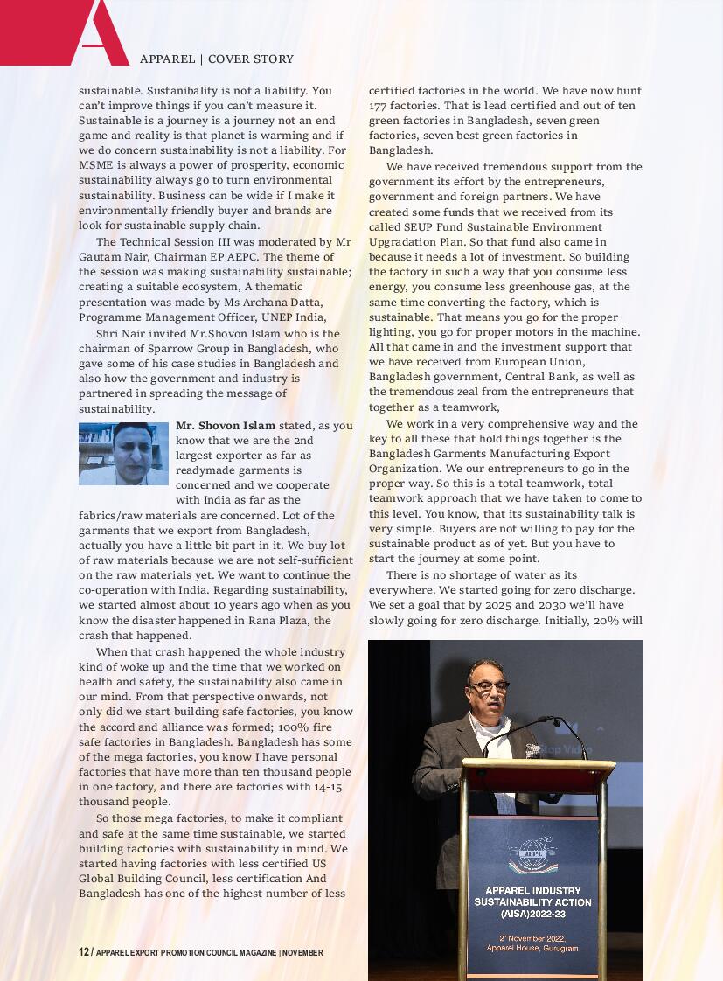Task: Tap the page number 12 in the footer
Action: click(x=84, y=952)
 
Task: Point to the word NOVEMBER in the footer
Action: click(x=302, y=952)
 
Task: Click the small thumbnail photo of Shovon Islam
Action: click(x=123, y=454)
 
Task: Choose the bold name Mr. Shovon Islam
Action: click(x=226, y=426)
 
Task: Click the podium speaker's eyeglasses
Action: click(x=487, y=687)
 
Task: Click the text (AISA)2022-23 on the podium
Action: click(x=532, y=915)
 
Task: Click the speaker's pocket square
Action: click(x=531, y=750)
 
